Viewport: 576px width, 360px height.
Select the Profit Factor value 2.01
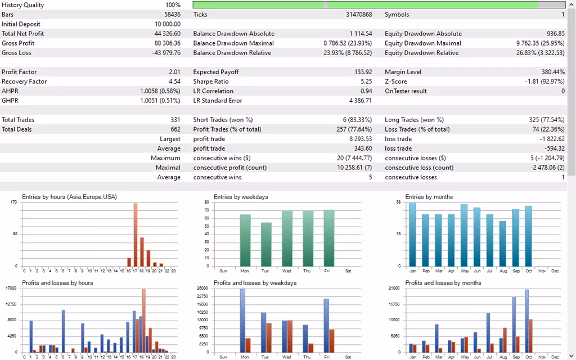pyautogui.click(x=174, y=72)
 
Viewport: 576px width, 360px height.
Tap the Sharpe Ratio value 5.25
pyautogui.click(x=366, y=82)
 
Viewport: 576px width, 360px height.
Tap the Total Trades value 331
pyautogui.click(x=175, y=120)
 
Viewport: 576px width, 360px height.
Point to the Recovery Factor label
pyautogui.click(x=24, y=82)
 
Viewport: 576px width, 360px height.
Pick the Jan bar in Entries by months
pyautogui.click(x=413, y=234)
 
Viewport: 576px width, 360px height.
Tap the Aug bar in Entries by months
pyautogui.click(x=502, y=243)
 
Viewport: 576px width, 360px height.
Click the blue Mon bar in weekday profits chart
pyautogui.click(x=242, y=321)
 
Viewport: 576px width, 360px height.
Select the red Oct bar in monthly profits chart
pyautogui.click(x=530, y=336)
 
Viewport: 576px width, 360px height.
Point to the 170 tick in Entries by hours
pyautogui.click(x=13, y=202)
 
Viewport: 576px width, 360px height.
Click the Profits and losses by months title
pyautogui.click(x=443, y=283)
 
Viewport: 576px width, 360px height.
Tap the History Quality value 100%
pyautogui.click(x=173, y=5)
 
